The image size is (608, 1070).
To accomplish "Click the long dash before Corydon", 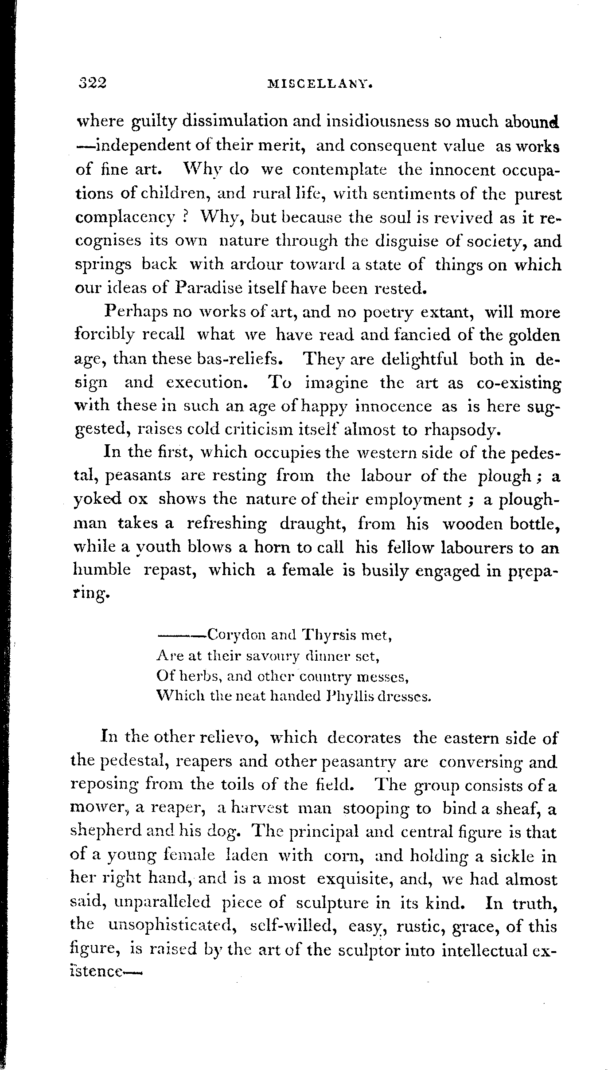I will click(180, 636).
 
